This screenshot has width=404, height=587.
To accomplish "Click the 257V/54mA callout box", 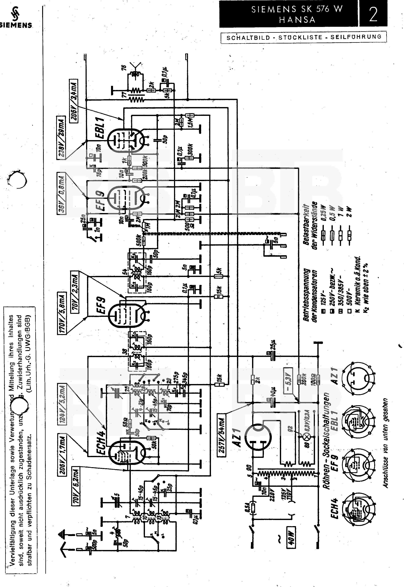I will point(222,437).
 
